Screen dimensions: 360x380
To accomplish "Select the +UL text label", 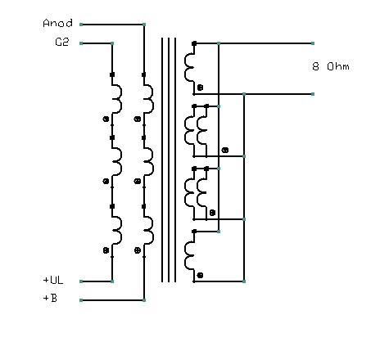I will pyautogui.click(x=53, y=280).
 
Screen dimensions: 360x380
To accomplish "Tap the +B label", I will pyautogui.click(x=50, y=299).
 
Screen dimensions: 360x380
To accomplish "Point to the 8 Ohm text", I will pyautogui.click(x=331, y=66).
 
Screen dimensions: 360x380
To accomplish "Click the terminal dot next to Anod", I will pyautogui.click(x=81, y=25).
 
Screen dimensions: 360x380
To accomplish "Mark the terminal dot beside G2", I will pyautogui.click(x=81, y=43).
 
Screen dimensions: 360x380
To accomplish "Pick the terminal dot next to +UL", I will pyautogui.click(x=81, y=281).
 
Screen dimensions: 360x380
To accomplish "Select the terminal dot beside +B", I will pyautogui.click(x=81, y=301).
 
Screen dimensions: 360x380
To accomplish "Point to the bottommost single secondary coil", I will pyautogui.click(x=191, y=255).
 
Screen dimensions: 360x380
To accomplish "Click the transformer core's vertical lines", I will pyautogui.click(x=169, y=160).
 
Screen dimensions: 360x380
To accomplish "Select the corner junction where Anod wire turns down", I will pyautogui.click(x=144, y=25).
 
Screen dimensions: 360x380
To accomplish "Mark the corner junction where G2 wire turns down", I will pyautogui.click(x=112, y=43).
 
